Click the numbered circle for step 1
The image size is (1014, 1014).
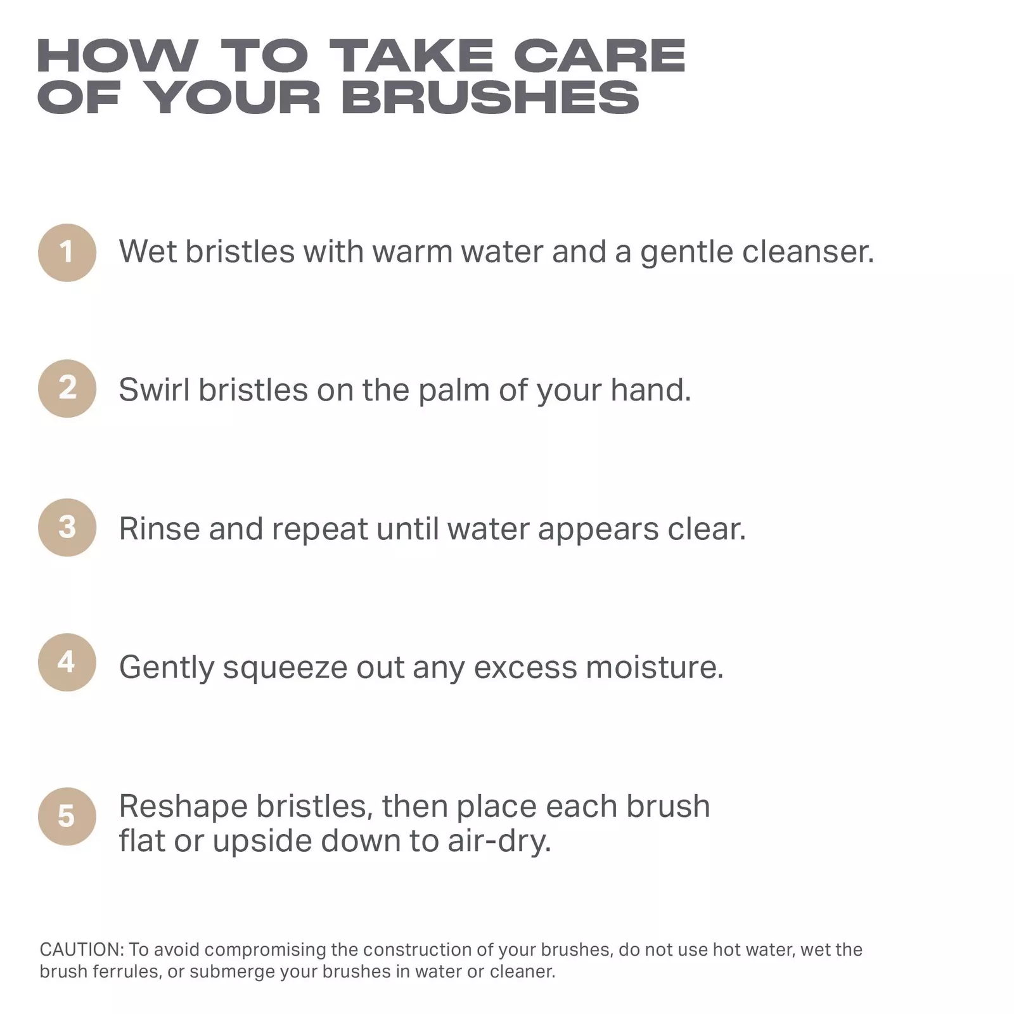pos(67,252)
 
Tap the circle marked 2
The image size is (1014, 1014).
pos(67,388)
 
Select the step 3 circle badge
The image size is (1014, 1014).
pos(67,527)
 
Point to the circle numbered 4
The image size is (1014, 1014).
pos(67,662)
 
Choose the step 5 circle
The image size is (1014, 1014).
pos(67,816)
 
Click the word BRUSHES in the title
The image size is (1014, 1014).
pos(491,98)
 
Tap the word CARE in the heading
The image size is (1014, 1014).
pos(600,56)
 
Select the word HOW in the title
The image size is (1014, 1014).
pos(118,56)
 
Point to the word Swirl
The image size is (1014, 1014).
pos(154,389)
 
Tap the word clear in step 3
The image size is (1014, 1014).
pos(707,529)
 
